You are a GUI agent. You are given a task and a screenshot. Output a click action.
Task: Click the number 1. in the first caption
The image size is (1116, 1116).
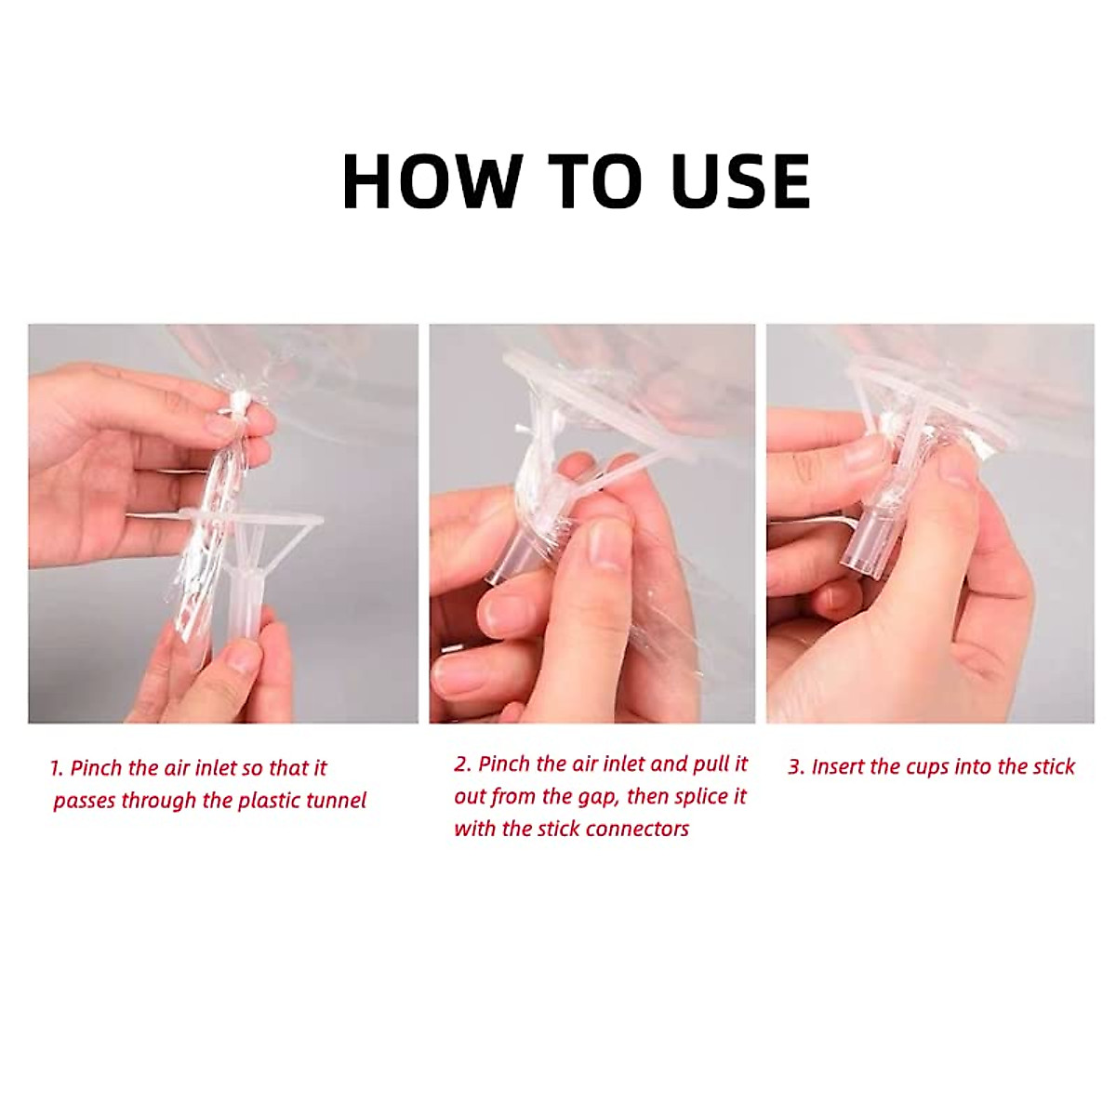tap(57, 769)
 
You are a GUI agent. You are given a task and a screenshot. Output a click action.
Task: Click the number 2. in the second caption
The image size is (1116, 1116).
tap(463, 765)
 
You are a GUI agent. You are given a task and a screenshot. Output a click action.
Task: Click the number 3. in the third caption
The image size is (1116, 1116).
tap(797, 767)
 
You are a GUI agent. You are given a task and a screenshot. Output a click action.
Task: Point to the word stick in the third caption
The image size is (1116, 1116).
tap(1053, 767)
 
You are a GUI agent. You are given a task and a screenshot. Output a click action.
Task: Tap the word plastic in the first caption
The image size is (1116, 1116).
tap(267, 801)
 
